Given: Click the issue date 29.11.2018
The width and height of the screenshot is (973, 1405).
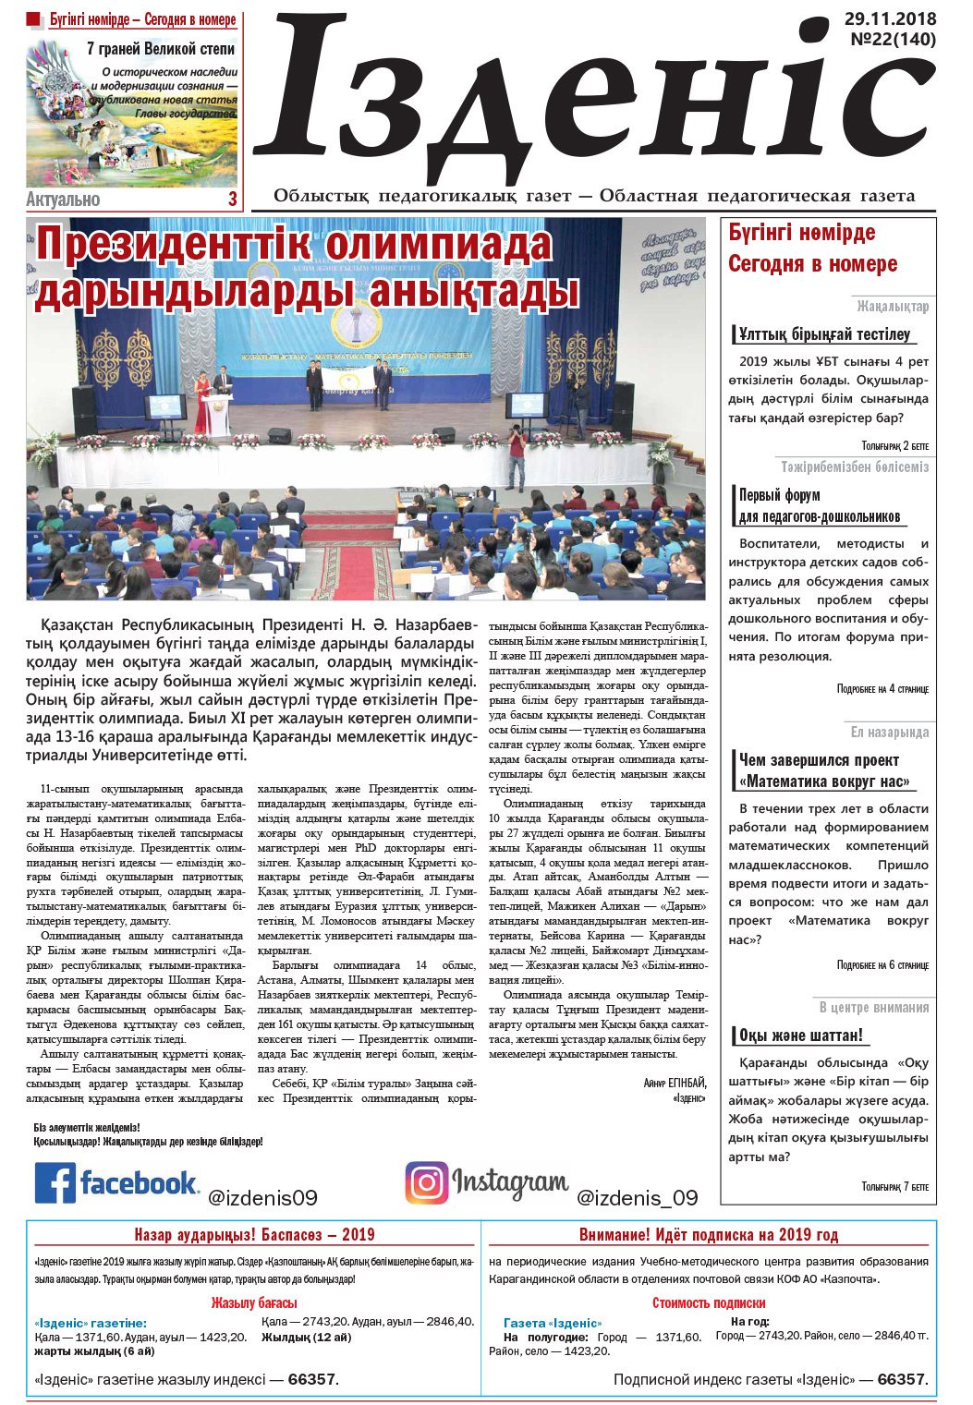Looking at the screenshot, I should (890, 19).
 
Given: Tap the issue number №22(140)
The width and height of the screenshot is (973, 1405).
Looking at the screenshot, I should (893, 40).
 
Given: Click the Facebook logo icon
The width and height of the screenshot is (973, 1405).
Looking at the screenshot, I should (55, 1183).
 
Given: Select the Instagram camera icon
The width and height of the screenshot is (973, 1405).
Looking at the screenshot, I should (426, 1183).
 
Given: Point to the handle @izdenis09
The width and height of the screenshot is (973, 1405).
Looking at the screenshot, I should (262, 1198).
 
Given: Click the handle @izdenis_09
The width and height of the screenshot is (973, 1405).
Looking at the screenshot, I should (637, 1198).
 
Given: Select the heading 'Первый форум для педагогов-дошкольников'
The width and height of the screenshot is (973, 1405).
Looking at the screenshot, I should (819, 506).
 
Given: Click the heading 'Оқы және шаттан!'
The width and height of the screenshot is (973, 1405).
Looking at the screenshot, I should (800, 1035).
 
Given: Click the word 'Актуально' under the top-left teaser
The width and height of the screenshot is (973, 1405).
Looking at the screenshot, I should (63, 200).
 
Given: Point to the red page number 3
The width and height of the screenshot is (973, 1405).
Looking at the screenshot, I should (232, 199).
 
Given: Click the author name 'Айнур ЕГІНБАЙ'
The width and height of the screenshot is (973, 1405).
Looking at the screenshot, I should (675, 1083).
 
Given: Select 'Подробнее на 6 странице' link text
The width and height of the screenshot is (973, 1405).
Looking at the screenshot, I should (882, 965).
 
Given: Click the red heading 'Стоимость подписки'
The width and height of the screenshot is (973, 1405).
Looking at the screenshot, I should (709, 1303).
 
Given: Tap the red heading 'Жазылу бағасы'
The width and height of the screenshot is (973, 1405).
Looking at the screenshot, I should (254, 1303).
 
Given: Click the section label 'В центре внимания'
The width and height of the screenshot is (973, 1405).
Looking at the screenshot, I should (873, 1007).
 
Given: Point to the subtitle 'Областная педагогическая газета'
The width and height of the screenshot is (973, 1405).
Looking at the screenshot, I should (757, 196).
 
